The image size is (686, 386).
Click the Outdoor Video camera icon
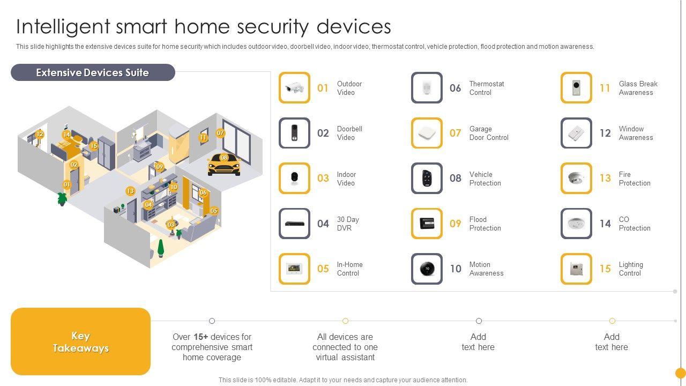[294, 87]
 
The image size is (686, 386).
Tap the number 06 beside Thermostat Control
[455, 88]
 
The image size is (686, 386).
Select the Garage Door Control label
[489, 133]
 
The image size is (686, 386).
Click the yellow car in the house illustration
[224, 165]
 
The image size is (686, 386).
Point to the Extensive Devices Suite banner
[93, 72]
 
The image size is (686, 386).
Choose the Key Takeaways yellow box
[80, 342]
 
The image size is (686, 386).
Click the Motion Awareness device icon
[427, 269]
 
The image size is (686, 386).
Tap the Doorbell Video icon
[294, 133]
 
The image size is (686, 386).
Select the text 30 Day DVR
[348, 224]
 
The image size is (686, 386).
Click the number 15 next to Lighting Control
[605, 269]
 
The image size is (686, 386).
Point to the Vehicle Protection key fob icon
[427, 178]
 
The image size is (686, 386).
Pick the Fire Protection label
[635, 179]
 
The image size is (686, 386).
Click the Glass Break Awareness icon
[576, 87]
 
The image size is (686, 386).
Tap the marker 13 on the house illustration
[130, 191]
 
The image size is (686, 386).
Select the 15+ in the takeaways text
[200, 337]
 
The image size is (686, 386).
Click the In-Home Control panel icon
[294, 269]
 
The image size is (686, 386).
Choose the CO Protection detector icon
[576, 224]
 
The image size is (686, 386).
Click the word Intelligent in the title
[63, 26]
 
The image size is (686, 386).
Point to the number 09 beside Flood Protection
[455, 224]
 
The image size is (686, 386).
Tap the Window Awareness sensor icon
[576, 133]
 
